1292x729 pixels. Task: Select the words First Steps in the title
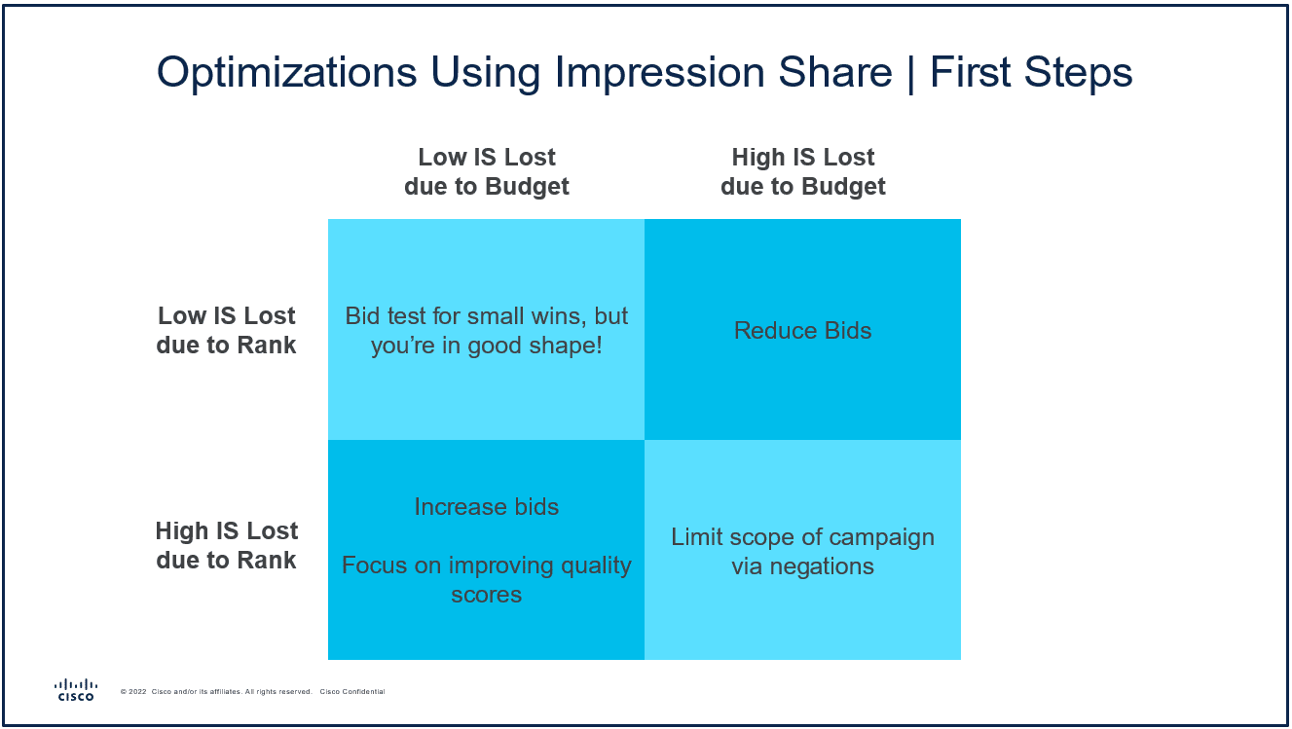[x=1031, y=74]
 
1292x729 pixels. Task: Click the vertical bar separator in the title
[x=911, y=74]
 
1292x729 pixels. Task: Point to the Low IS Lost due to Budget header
[x=487, y=172]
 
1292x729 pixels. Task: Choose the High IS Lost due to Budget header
[x=802, y=172]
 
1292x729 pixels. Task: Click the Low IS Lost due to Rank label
[x=226, y=331]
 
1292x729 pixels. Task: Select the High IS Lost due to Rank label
[x=226, y=546]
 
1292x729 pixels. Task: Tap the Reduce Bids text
[x=802, y=331]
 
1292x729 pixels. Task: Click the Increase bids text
[x=487, y=507]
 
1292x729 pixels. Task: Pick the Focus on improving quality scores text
[x=487, y=580]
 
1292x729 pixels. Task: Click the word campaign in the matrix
[x=881, y=537]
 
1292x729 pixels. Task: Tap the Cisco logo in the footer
[x=76, y=690]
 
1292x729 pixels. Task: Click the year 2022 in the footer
[x=138, y=692]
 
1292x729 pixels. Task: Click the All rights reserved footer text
[x=278, y=692]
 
